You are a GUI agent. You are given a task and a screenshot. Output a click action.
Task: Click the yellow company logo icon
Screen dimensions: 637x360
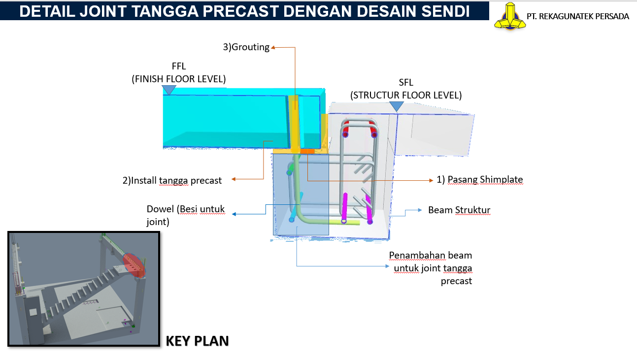(x=510, y=16)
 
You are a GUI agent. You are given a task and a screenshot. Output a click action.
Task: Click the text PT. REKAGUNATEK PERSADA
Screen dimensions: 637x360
(x=577, y=16)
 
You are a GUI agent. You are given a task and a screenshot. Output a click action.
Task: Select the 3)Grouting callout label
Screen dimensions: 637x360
(x=246, y=47)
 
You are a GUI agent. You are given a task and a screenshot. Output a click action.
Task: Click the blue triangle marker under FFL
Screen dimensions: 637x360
(x=169, y=90)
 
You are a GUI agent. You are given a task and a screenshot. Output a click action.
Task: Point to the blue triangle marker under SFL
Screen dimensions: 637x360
(x=397, y=106)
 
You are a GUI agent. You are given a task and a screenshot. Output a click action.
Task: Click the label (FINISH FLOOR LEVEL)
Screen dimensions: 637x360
(x=179, y=79)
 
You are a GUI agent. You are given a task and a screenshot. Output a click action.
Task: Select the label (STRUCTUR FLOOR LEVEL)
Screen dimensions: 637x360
(x=406, y=95)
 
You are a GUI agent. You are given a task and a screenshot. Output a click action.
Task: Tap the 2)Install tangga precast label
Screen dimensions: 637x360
(x=172, y=180)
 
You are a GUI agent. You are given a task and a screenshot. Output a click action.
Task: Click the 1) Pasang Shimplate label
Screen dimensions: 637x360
(x=480, y=179)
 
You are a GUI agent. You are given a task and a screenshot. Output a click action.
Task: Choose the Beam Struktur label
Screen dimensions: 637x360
(x=459, y=210)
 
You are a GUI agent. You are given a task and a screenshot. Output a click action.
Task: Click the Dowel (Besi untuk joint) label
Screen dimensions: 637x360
(x=186, y=215)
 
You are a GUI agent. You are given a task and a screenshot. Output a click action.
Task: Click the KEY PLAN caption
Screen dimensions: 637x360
(x=197, y=341)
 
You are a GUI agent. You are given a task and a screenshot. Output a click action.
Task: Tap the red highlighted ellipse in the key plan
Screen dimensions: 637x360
(x=134, y=265)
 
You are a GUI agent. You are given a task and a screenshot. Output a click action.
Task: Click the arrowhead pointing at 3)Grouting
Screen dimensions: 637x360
(x=273, y=47)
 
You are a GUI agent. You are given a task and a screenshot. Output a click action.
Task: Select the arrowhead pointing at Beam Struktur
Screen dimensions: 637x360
(x=420, y=210)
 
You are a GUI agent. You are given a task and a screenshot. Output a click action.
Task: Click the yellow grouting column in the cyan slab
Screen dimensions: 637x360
(x=295, y=122)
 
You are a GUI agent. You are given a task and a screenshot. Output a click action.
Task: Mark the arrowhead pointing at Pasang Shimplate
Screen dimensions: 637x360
(x=431, y=180)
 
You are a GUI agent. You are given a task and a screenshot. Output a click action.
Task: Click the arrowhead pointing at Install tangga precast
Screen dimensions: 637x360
(x=234, y=179)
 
